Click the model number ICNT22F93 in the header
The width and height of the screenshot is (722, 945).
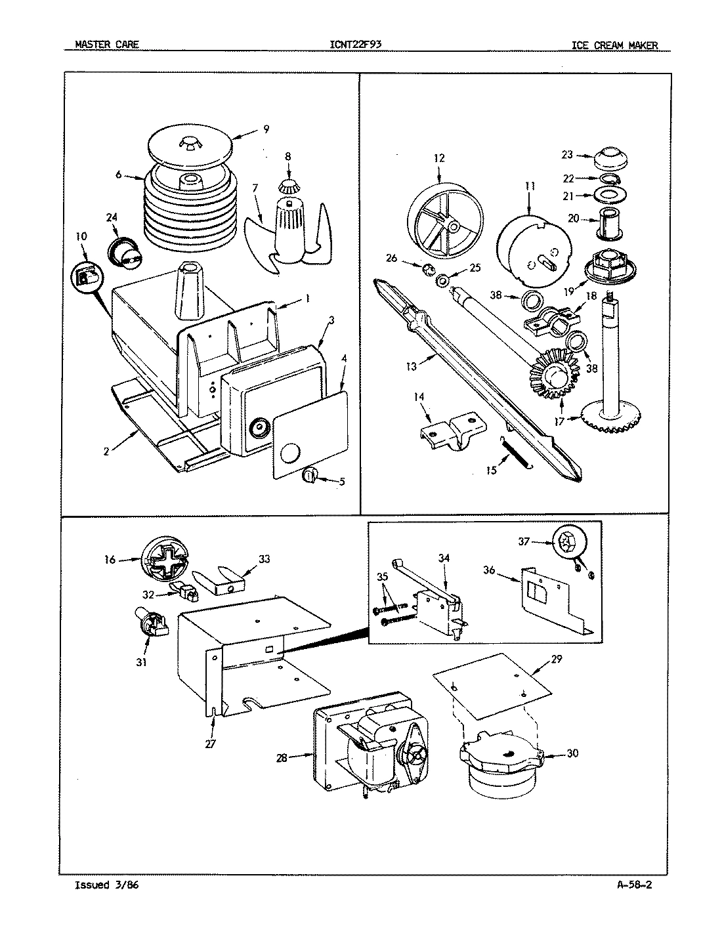tap(356, 45)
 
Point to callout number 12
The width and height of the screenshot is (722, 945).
tap(439, 157)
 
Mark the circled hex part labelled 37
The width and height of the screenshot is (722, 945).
tap(566, 543)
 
